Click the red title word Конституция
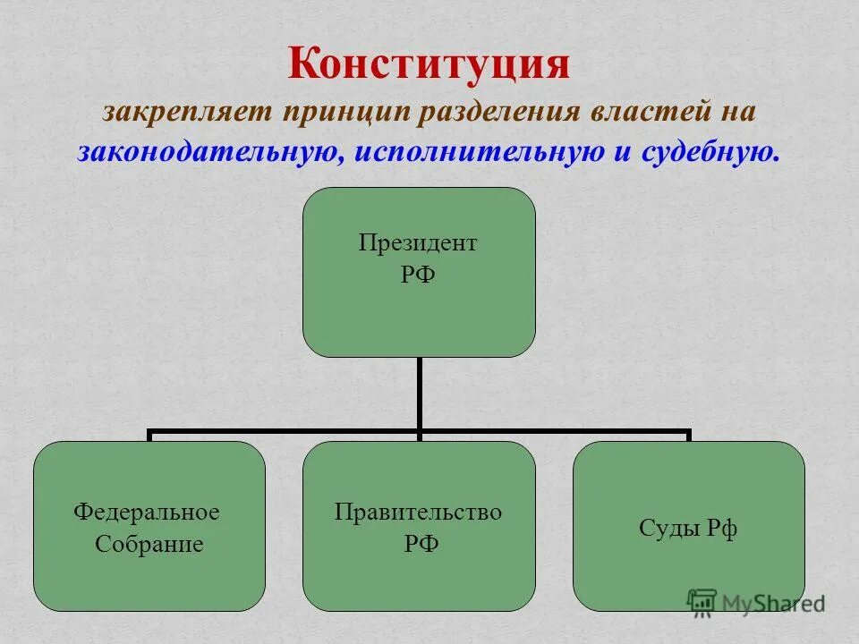429,65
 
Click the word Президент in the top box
418,243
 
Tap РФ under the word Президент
418,274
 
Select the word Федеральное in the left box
147,513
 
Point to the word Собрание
149,543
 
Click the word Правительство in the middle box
418,513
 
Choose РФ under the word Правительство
418,543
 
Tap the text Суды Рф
688,528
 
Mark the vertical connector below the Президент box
419,394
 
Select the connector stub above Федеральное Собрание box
149,436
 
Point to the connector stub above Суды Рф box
688,436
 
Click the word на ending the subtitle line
738,114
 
